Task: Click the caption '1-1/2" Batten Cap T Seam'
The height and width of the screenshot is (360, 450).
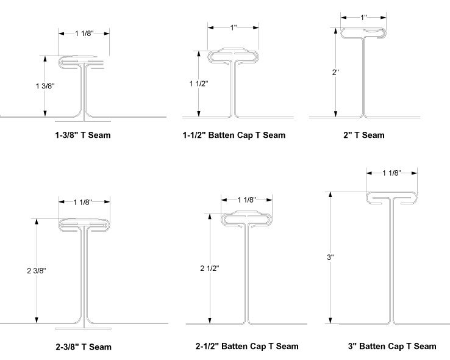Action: (x=234, y=135)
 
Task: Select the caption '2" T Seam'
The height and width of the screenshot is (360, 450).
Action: (x=363, y=135)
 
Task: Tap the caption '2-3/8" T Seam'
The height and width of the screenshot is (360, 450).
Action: (x=83, y=347)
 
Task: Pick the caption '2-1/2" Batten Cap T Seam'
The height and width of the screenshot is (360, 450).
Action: (x=247, y=346)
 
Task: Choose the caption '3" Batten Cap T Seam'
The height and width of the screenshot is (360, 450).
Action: (x=392, y=346)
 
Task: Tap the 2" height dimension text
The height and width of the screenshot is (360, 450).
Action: (x=335, y=72)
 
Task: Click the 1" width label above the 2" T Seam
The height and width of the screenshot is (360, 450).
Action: (x=364, y=18)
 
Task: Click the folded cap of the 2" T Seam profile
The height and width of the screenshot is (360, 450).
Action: (x=364, y=32)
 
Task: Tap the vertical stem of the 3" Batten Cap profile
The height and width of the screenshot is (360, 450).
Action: (x=392, y=262)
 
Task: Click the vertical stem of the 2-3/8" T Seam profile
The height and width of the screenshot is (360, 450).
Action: (x=84, y=275)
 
